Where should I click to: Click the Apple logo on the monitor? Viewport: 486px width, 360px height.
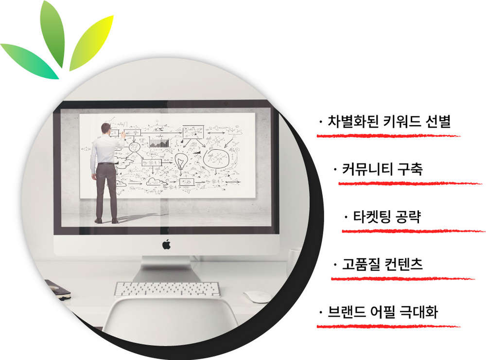pos(166,244)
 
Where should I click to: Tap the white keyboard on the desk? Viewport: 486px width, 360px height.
pos(167,289)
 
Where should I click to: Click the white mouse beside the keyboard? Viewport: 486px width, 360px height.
pos(257,297)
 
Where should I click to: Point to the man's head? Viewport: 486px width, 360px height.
pos(106,128)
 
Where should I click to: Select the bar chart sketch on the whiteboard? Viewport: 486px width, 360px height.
pos(159,143)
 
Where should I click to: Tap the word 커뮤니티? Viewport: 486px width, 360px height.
pos(365,169)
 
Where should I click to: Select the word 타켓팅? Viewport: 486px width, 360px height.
pos(371,216)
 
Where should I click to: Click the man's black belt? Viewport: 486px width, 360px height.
pos(106,163)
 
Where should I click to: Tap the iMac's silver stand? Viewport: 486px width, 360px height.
pos(167,269)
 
